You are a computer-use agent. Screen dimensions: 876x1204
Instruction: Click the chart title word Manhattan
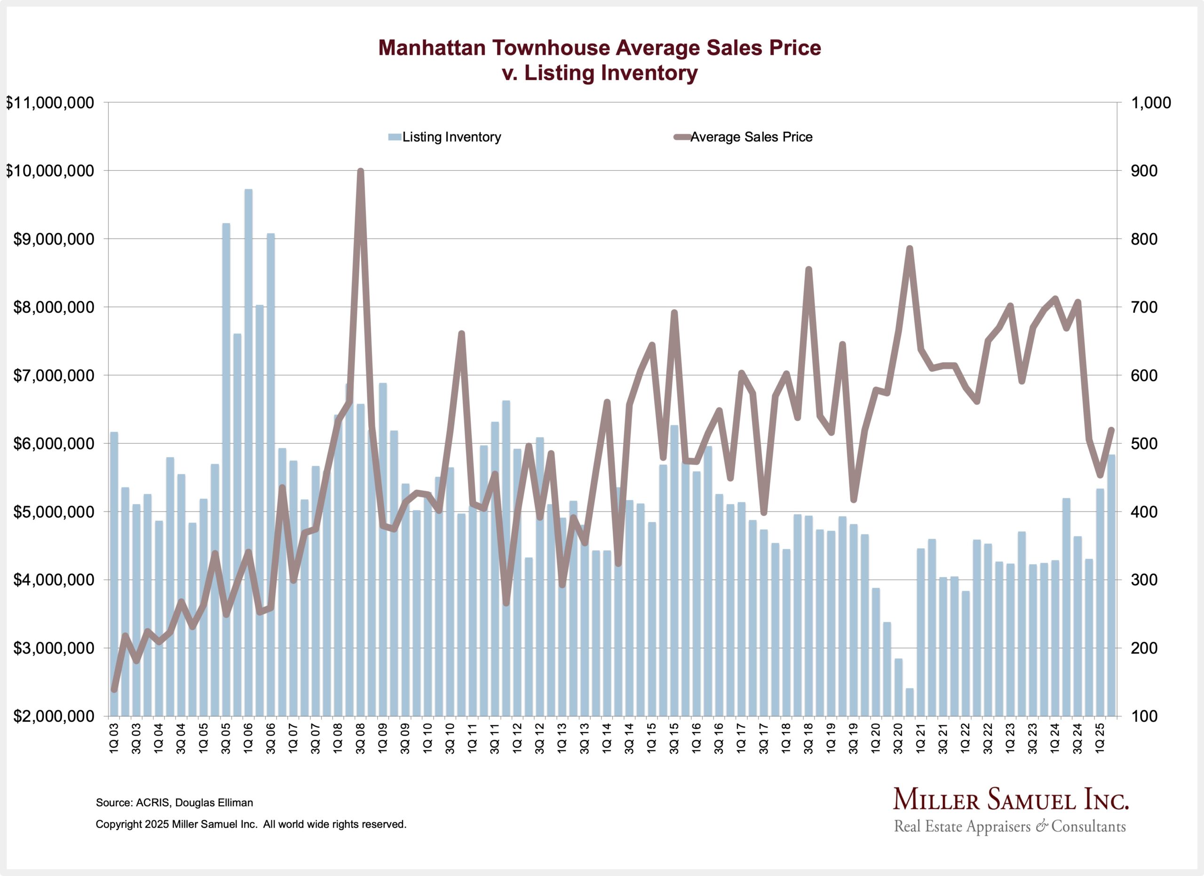tap(432, 48)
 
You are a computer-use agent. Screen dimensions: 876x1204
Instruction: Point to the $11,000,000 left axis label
tap(50, 103)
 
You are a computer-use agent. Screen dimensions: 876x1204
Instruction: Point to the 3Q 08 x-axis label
tap(360, 738)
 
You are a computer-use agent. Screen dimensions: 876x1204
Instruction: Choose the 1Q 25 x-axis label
tap(1100, 738)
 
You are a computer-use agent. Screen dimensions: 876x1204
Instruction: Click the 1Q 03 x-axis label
tap(114, 738)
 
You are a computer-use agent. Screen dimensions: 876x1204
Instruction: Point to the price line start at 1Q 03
tap(114, 689)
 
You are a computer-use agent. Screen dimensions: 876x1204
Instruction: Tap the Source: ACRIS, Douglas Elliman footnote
tap(174, 803)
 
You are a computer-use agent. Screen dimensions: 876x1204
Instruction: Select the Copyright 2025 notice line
tap(251, 825)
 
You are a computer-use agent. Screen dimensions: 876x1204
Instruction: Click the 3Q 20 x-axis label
tap(898, 738)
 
